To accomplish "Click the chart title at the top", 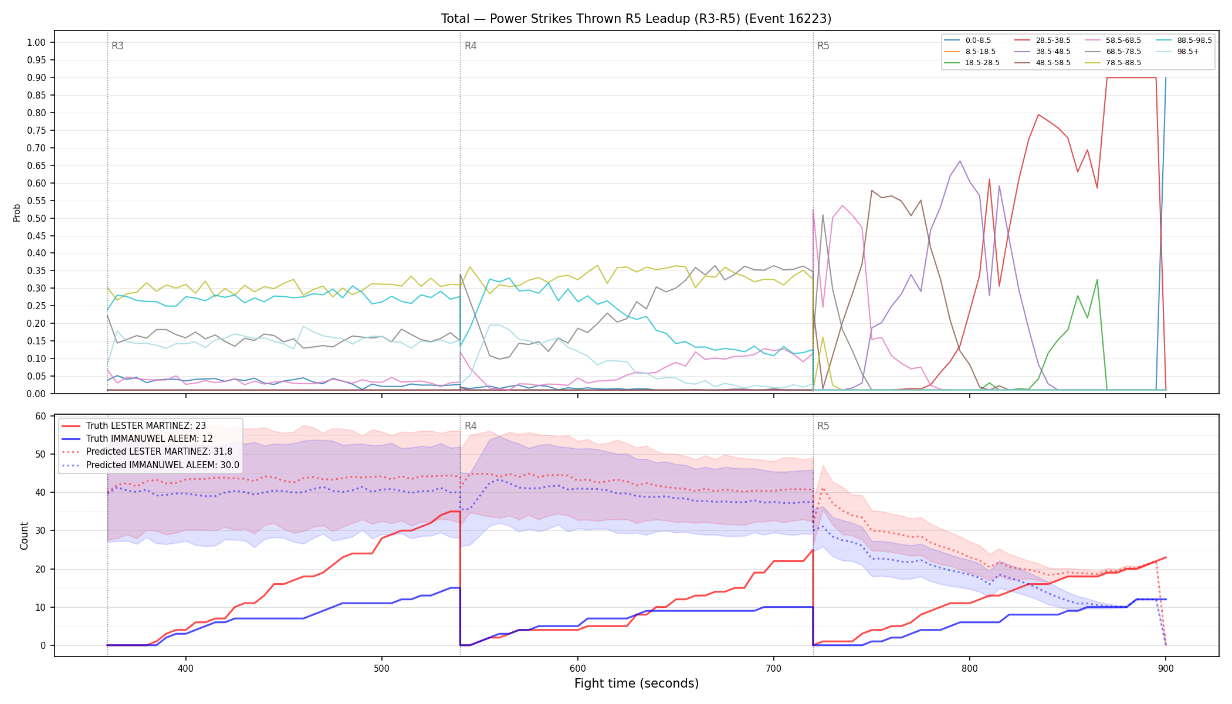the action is coord(636,19).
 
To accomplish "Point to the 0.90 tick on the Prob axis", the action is coord(36,77).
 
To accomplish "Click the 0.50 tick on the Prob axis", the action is coord(36,218).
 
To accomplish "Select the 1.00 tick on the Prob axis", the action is coord(36,42).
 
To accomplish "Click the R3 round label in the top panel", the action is coord(117,46).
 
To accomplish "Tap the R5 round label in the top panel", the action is coord(823,46).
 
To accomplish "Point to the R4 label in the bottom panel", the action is coord(471,426).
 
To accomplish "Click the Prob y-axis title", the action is coord(16,212).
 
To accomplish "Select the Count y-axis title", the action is coord(24,536).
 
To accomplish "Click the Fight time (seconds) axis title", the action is coord(637,683).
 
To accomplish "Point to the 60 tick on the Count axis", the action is coord(40,416).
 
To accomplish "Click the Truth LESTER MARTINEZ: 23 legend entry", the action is coord(146,426).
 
